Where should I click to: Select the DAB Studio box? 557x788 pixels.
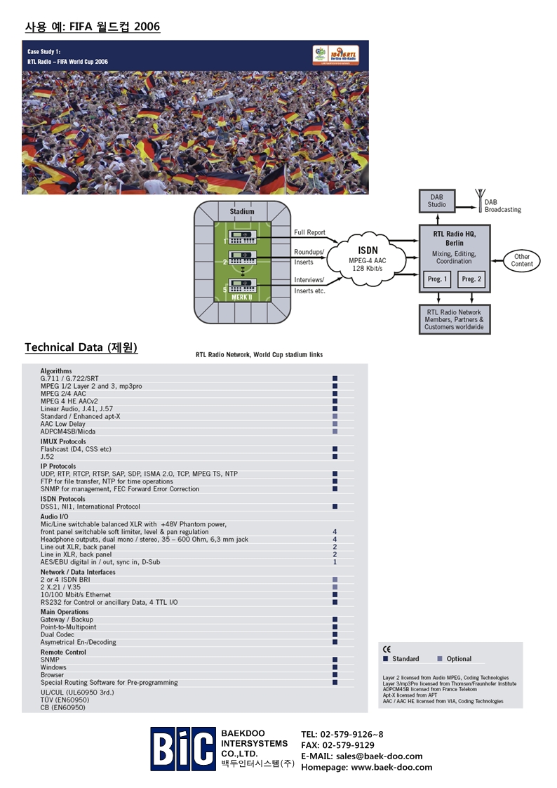436,200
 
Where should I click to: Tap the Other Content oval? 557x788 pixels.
522,260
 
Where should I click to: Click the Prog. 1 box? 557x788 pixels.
437,279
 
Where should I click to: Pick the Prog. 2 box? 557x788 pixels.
471,279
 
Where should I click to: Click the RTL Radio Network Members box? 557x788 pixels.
454,319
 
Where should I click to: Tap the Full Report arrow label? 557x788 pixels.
309,232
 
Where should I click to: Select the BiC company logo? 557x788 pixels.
182,749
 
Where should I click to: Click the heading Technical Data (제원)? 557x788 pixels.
81,347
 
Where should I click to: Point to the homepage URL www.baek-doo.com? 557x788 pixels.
391,767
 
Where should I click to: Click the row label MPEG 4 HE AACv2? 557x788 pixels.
72,401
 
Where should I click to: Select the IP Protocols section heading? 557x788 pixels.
58,466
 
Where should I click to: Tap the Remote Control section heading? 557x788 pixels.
63,652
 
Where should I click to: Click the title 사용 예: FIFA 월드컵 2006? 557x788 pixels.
92,27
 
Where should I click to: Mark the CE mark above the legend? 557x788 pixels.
387,649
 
